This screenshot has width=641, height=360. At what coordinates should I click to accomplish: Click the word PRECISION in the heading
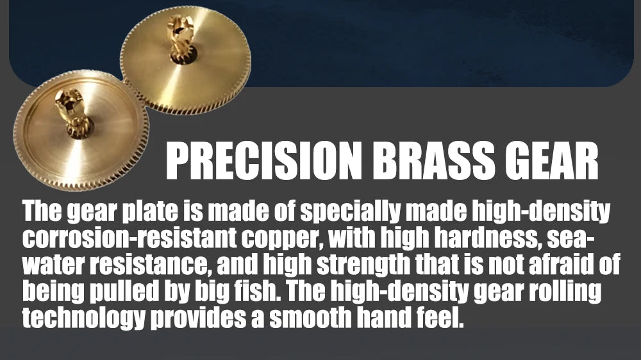[x=264, y=161]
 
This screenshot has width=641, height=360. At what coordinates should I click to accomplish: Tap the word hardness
[x=489, y=238]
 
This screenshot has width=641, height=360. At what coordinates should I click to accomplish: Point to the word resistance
[x=149, y=265]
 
